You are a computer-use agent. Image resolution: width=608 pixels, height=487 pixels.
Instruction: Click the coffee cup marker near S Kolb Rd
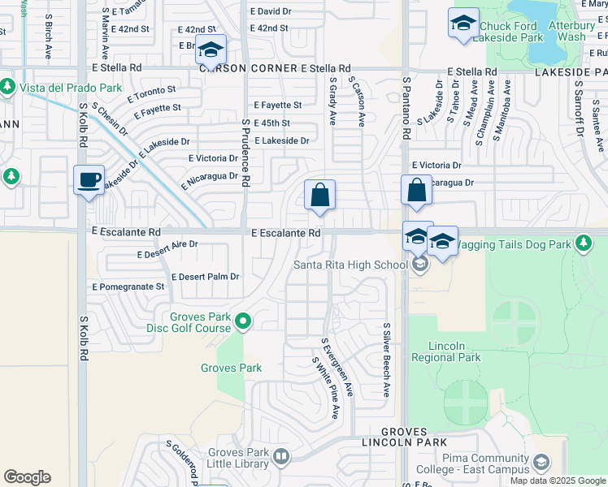(x=89, y=179)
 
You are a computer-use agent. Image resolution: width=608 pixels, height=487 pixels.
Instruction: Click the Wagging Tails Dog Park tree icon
(x=583, y=243)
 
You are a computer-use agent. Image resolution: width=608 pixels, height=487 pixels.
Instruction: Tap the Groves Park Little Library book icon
(x=280, y=457)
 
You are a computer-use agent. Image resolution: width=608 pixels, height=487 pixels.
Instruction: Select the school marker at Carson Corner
(x=211, y=50)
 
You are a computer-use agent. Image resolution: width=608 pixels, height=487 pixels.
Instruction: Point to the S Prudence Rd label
(x=244, y=150)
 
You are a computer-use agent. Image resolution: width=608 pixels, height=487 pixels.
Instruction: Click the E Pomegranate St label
(x=128, y=287)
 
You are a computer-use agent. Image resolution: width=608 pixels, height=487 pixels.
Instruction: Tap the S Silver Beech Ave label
(x=386, y=360)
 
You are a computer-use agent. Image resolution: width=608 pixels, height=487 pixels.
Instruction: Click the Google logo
(x=27, y=477)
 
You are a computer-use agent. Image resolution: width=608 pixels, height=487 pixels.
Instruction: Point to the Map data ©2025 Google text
(x=558, y=481)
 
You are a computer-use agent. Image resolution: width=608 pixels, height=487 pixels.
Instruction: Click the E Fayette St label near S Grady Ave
(x=277, y=106)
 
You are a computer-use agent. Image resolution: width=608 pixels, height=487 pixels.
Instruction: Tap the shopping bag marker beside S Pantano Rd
(x=416, y=192)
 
